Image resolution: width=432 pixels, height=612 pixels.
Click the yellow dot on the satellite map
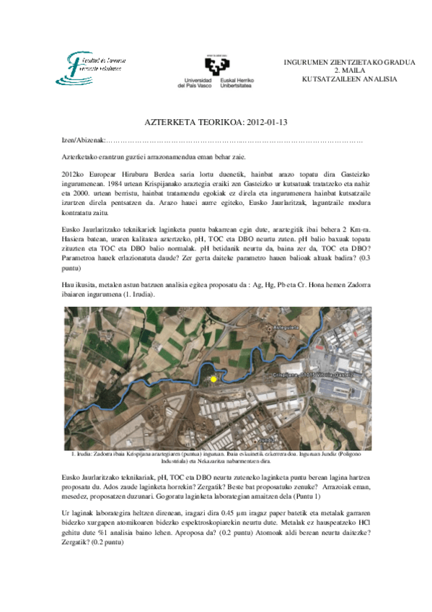(213, 379)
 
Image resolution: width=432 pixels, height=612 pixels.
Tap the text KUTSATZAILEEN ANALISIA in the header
(349, 78)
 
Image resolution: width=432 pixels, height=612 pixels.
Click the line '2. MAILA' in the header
(349, 70)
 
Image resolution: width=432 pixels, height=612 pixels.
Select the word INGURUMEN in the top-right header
(308, 62)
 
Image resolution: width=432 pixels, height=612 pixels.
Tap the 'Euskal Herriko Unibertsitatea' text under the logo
(236, 82)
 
